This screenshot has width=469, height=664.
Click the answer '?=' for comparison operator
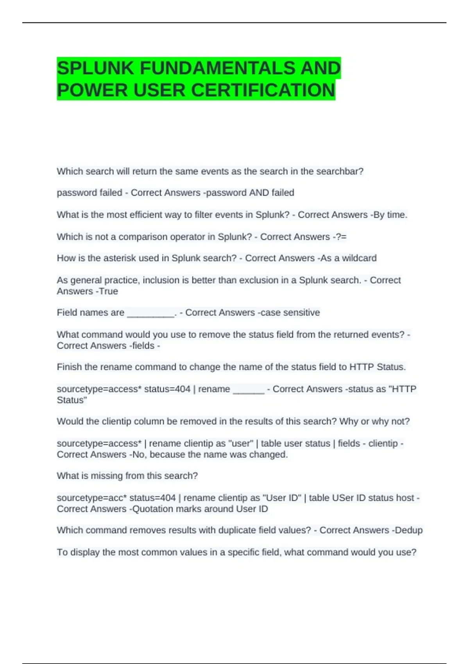tap(341, 237)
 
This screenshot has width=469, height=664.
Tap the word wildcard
tap(359, 258)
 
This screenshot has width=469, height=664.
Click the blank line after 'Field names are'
tap(151, 313)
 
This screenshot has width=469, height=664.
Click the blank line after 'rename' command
tap(249, 390)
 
